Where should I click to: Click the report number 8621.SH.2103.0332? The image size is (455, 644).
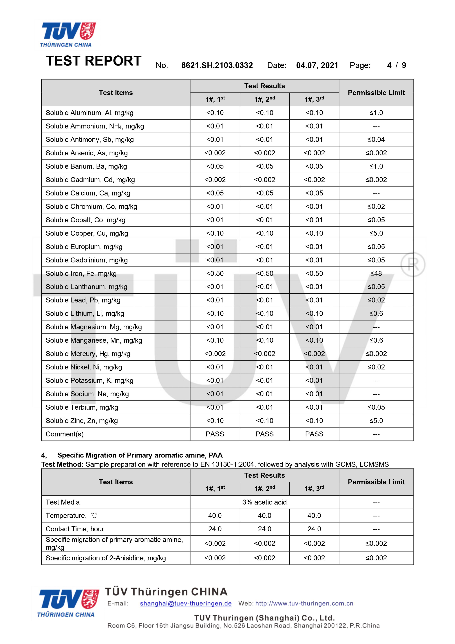pyautogui.click(x=217, y=65)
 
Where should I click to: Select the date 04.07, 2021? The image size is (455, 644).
pyautogui.click(x=317, y=65)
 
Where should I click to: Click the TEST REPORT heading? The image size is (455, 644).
pyautogui.click(x=93, y=61)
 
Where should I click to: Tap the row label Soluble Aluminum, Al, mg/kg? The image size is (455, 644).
pyautogui.click(x=89, y=113)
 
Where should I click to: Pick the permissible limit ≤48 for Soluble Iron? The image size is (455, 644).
pyautogui.click(x=376, y=273)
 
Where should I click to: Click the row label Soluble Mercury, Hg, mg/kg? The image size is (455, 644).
pyautogui.click(x=88, y=354)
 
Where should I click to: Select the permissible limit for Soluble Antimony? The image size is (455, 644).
pyautogui.click(x=376, y=140)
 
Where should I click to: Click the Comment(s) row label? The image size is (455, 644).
pyautogui.click(x=65, y=434)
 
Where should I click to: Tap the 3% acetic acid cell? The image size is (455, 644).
pyautogui.click(x=264, y=502)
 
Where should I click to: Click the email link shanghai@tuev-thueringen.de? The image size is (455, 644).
pyautogui.click(x=186, y=603)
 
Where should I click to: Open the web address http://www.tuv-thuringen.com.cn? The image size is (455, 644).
pyautogui.click(x=304, y=603)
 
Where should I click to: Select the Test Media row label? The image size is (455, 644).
pyautogui.click(x=63, y=502)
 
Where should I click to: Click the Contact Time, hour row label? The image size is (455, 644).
pyautogui.click(x=75, y=529)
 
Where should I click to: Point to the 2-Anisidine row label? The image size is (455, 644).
pyautogui.click(x=105, y=558)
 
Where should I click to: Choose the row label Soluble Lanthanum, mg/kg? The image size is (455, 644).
pyautogui.click(x=86, y=287)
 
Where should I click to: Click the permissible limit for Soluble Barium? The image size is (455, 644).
pyautogui.click(x=376, y=166)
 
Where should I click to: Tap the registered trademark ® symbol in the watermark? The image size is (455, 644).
pyautogui.click(x=413, y=264)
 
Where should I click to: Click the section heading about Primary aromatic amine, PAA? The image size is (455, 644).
pyautogui.click(x=140, y=455)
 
